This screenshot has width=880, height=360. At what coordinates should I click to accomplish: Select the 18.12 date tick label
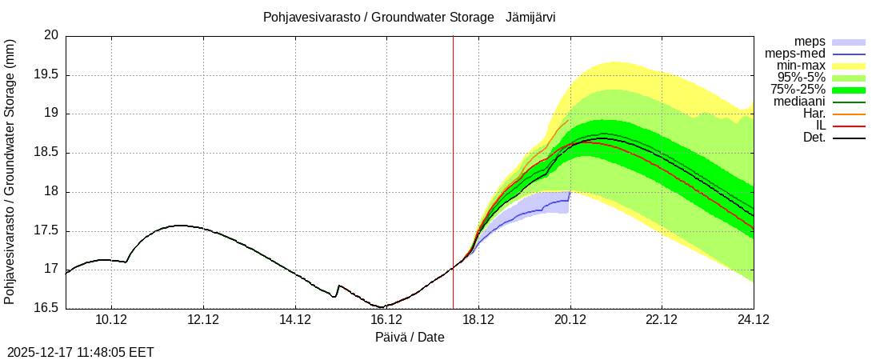[478, 321]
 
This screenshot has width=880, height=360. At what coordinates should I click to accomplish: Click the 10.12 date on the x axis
[110, 321]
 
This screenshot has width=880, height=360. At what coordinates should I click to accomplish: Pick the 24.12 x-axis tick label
[753, 321]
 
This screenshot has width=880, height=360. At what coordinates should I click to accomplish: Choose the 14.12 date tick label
[294, 321]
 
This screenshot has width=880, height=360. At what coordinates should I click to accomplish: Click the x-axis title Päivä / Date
[410, 338]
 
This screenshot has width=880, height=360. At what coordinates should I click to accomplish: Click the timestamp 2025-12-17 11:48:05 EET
[81, 352]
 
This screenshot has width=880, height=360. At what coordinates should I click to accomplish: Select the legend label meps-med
[796, 54]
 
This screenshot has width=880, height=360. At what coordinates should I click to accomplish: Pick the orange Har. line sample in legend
[849, 114]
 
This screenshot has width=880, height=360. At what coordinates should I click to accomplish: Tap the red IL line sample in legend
[849, 126]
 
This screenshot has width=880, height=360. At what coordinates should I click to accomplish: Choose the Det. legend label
[814, 138]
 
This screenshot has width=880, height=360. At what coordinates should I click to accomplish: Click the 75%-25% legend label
[798, 90]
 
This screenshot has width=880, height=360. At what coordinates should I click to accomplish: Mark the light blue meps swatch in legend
[849, 42]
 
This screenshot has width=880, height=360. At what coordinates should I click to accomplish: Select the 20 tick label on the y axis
[52, 35]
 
